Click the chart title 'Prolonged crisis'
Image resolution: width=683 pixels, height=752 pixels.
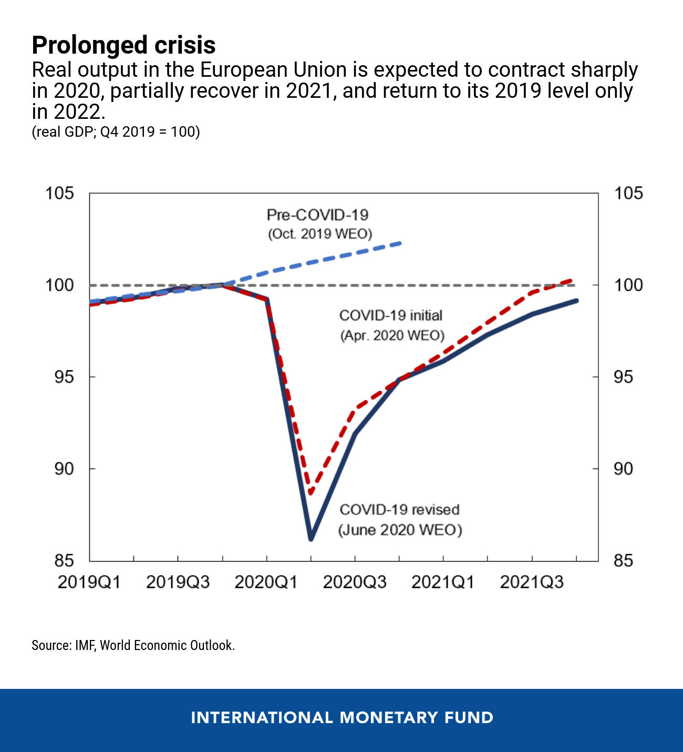pos(123,45)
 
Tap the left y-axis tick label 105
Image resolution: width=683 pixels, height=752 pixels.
pos(59,194)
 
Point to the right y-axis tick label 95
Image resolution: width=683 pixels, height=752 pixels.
pos(628,377)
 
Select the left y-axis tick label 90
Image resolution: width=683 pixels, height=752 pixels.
pos(64,469)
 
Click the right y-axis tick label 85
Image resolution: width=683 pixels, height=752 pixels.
pos(623,561)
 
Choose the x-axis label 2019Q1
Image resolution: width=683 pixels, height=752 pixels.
pos(89,582)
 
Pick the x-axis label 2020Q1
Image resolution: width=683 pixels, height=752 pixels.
pos(266,582)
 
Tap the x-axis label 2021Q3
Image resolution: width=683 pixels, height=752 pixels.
pos(532,582)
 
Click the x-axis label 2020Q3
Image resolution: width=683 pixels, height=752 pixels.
pos(355,582)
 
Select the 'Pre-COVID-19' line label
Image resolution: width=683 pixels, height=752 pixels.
pos(317,215)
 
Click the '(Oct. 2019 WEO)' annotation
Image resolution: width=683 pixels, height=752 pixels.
pos(320,234)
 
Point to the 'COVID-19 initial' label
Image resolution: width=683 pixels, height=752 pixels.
pos(391,316)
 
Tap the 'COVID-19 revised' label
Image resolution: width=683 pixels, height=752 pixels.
pos(399,510)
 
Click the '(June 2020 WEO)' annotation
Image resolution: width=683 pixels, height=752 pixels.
pos(400,530)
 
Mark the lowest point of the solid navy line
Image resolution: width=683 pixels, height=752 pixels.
pos(311,538)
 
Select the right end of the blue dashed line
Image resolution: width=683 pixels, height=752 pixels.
pos(400,243)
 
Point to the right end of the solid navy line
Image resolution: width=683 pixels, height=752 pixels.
pos(576,301)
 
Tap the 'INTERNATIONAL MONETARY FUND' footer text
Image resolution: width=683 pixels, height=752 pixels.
pos(342,718)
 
